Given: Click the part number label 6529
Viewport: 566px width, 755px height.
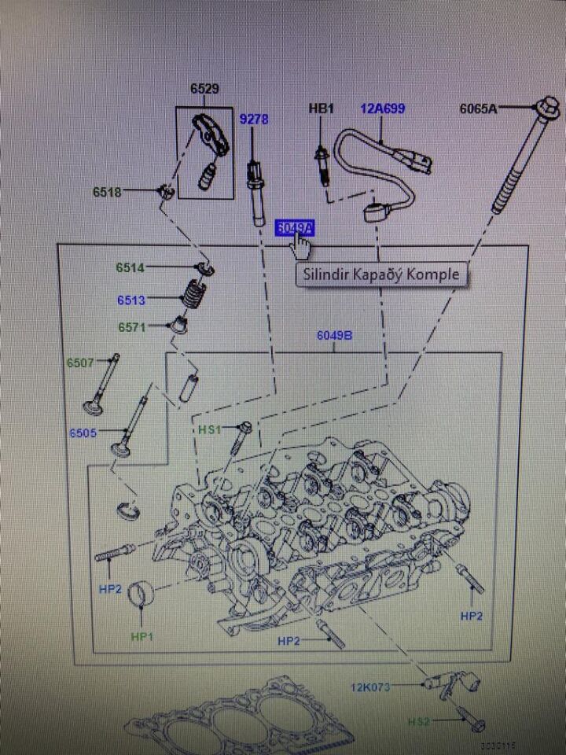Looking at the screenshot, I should tap(204, 89).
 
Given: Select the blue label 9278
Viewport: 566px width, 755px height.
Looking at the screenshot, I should tap(254, 120).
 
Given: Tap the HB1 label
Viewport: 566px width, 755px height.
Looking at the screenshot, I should tap(321, 109).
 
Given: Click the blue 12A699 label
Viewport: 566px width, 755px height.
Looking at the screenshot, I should tap(383, 109).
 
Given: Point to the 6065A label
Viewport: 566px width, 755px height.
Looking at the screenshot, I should tap(478, 109).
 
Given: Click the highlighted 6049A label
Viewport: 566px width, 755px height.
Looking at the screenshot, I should tap(295, 227).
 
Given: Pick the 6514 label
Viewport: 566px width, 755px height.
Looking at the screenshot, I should tap(130, 267).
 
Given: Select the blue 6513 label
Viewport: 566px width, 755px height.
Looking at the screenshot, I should tap(131, 300).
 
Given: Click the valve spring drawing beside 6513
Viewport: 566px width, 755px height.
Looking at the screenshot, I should tap(192, 297).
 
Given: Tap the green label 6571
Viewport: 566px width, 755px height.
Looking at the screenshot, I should tap(132, 326).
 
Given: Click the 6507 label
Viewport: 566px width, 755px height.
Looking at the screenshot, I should tap(80, 363).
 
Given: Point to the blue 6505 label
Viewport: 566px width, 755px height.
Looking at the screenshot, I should tap(82, 433).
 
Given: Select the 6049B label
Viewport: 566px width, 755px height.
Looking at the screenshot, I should tap(334, 335).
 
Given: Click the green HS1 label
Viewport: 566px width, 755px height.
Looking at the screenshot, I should tap(210, 429).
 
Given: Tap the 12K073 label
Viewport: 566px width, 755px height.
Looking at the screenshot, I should tap(369, 687).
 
